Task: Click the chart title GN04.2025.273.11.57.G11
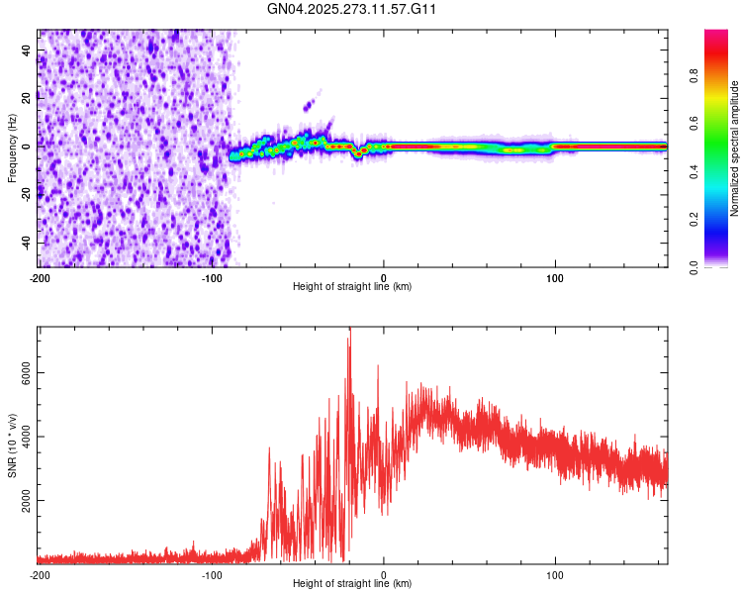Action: pyautogui.click(x=352, y=9)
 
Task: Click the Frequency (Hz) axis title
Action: pyautogui.click(x=12, y=148)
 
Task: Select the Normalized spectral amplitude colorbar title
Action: pyautogui.click(x=735, y=148)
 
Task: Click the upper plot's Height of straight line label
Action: pyautogui.click(x=352, y=286)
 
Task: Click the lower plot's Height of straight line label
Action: pyautogui.click(x=352, y=583)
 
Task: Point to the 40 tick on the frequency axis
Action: pyautogui.click(x=27, y=49)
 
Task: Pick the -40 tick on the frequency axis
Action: pyautogui.click(x=25, y=243)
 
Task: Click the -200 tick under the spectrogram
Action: pyautogui.click(x=39, y=277)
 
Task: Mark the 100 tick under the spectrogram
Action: pyautogui.click(x=555, y=277)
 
